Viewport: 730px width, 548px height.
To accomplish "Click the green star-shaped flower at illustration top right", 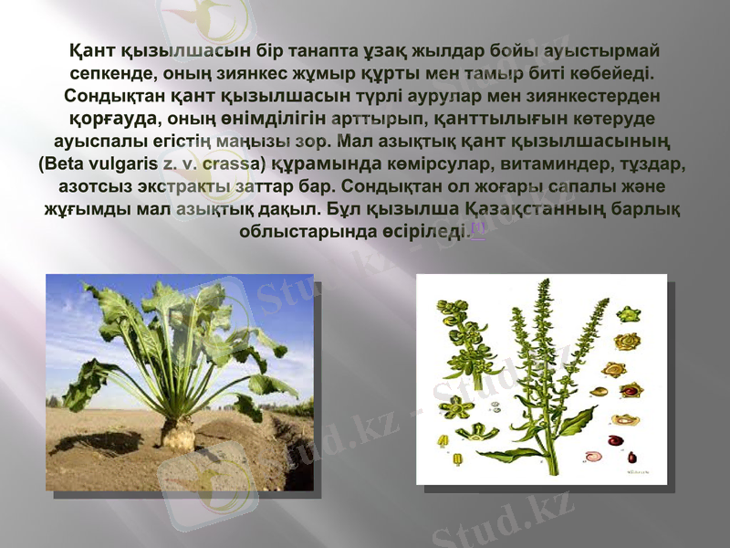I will click(x=628, y=315).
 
